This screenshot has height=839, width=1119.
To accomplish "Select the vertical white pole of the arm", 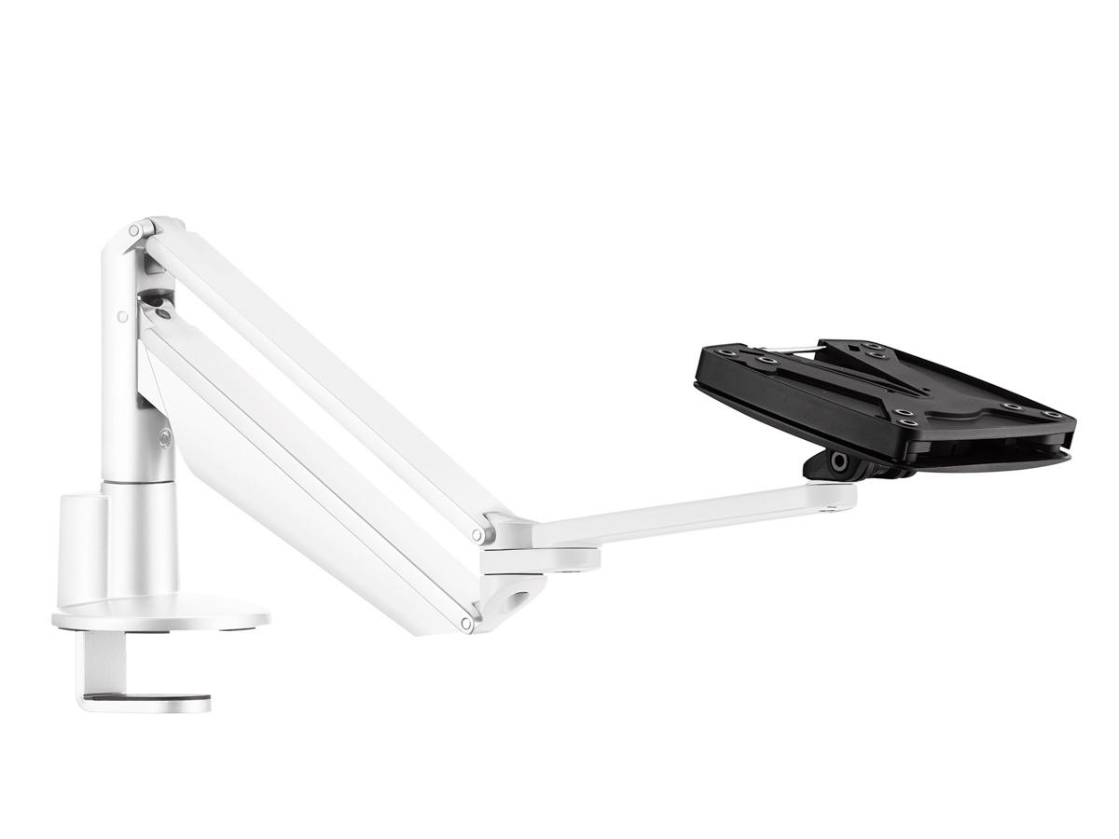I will (126, 373).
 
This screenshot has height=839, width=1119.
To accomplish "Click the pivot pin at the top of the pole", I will (136, 229).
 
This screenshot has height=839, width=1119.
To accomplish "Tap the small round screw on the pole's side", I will (122, 317).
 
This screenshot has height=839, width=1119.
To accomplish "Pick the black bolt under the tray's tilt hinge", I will (838, 461).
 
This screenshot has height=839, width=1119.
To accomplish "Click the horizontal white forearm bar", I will (690, 517).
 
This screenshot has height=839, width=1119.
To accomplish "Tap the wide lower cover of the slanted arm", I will (298, 485).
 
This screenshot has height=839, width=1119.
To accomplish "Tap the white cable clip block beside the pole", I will (82, 550).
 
